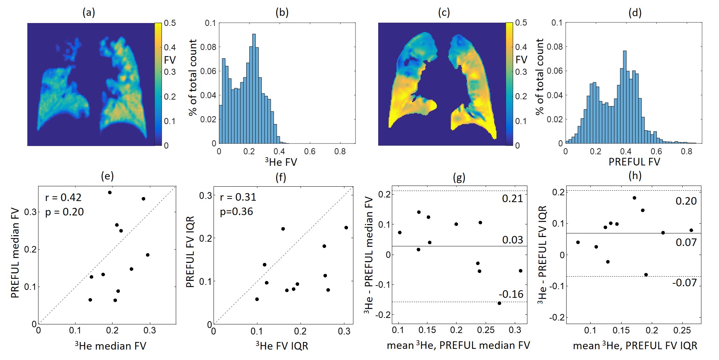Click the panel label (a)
coord(88,13)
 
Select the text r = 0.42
coord(63,197)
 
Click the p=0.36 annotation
coord(236,211)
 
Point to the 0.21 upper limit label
coord(512,199)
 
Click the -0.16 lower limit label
coord(511,294)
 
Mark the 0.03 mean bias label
coord(512,240)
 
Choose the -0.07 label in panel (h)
coord(684,283)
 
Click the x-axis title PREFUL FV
coord(634,162)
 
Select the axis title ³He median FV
coord(110,346)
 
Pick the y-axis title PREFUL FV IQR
coord(190,252)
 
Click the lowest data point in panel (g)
coord(499,303)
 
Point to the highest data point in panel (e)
coord(110,192)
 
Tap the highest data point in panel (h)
coord(634,198)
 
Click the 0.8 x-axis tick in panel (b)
coord(340,152)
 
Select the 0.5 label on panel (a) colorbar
coord(170,23)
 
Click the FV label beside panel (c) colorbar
coord(521,60)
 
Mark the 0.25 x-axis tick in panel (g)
coord(486,330)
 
